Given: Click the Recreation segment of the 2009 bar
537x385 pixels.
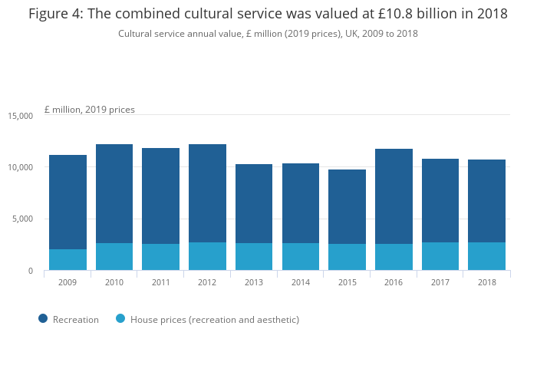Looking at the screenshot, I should (68, 202).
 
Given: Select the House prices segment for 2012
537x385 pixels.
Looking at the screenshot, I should (207, 256).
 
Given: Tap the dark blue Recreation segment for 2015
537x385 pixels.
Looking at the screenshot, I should (347, 206).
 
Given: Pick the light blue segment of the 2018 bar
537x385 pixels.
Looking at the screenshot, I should (486, 256).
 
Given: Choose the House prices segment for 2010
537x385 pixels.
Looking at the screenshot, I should (114, 256).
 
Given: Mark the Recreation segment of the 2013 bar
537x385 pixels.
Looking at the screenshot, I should (254, 203).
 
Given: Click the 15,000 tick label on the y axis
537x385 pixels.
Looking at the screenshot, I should (21, 116).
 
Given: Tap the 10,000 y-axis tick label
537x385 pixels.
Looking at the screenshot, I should (21, 167).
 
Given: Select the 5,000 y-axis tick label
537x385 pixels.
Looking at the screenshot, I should (23, 219).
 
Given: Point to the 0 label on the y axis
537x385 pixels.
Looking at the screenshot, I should (30, 271).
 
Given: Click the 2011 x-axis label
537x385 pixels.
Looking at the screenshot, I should (160, 282).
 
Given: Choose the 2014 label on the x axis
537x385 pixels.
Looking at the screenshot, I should (300, 282).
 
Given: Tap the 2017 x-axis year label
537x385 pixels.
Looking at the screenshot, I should (440, 282).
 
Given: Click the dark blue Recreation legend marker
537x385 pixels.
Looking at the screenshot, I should (43, 319).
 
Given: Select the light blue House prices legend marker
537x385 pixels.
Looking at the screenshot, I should (120, 319).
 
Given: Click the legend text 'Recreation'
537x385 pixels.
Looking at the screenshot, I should (76, 319).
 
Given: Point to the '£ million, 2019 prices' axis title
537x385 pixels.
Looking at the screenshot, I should (90, 110).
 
